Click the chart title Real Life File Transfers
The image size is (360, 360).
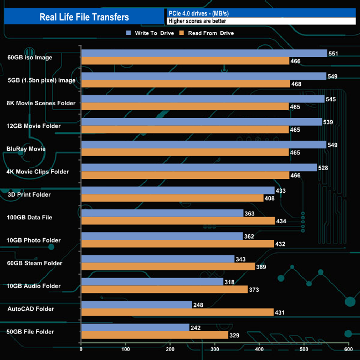(x=84, y=17)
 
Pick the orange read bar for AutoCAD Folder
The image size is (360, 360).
(x=177, y=312)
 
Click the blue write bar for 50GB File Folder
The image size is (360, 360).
(x=135, y=327)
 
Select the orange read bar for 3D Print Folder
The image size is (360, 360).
(x=172, y=198)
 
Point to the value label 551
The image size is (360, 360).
(x=334, y=54)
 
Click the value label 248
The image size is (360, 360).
(x=199, y=305)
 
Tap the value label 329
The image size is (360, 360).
(x=235, y=335)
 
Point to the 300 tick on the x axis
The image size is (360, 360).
(x=215, y=349)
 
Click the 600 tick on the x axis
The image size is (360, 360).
(x=348, y=349)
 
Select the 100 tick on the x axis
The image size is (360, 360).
(x=126, y=349)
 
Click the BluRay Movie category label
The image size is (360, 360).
(x=27, y=149)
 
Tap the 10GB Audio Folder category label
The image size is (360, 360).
(x=34, y=286)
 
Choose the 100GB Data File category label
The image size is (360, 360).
(x=30, y=218)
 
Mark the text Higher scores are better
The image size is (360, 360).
(x=197, y=21)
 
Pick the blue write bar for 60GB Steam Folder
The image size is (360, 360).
(x=158, y=259)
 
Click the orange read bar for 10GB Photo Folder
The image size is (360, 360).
(x=178, y=244)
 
